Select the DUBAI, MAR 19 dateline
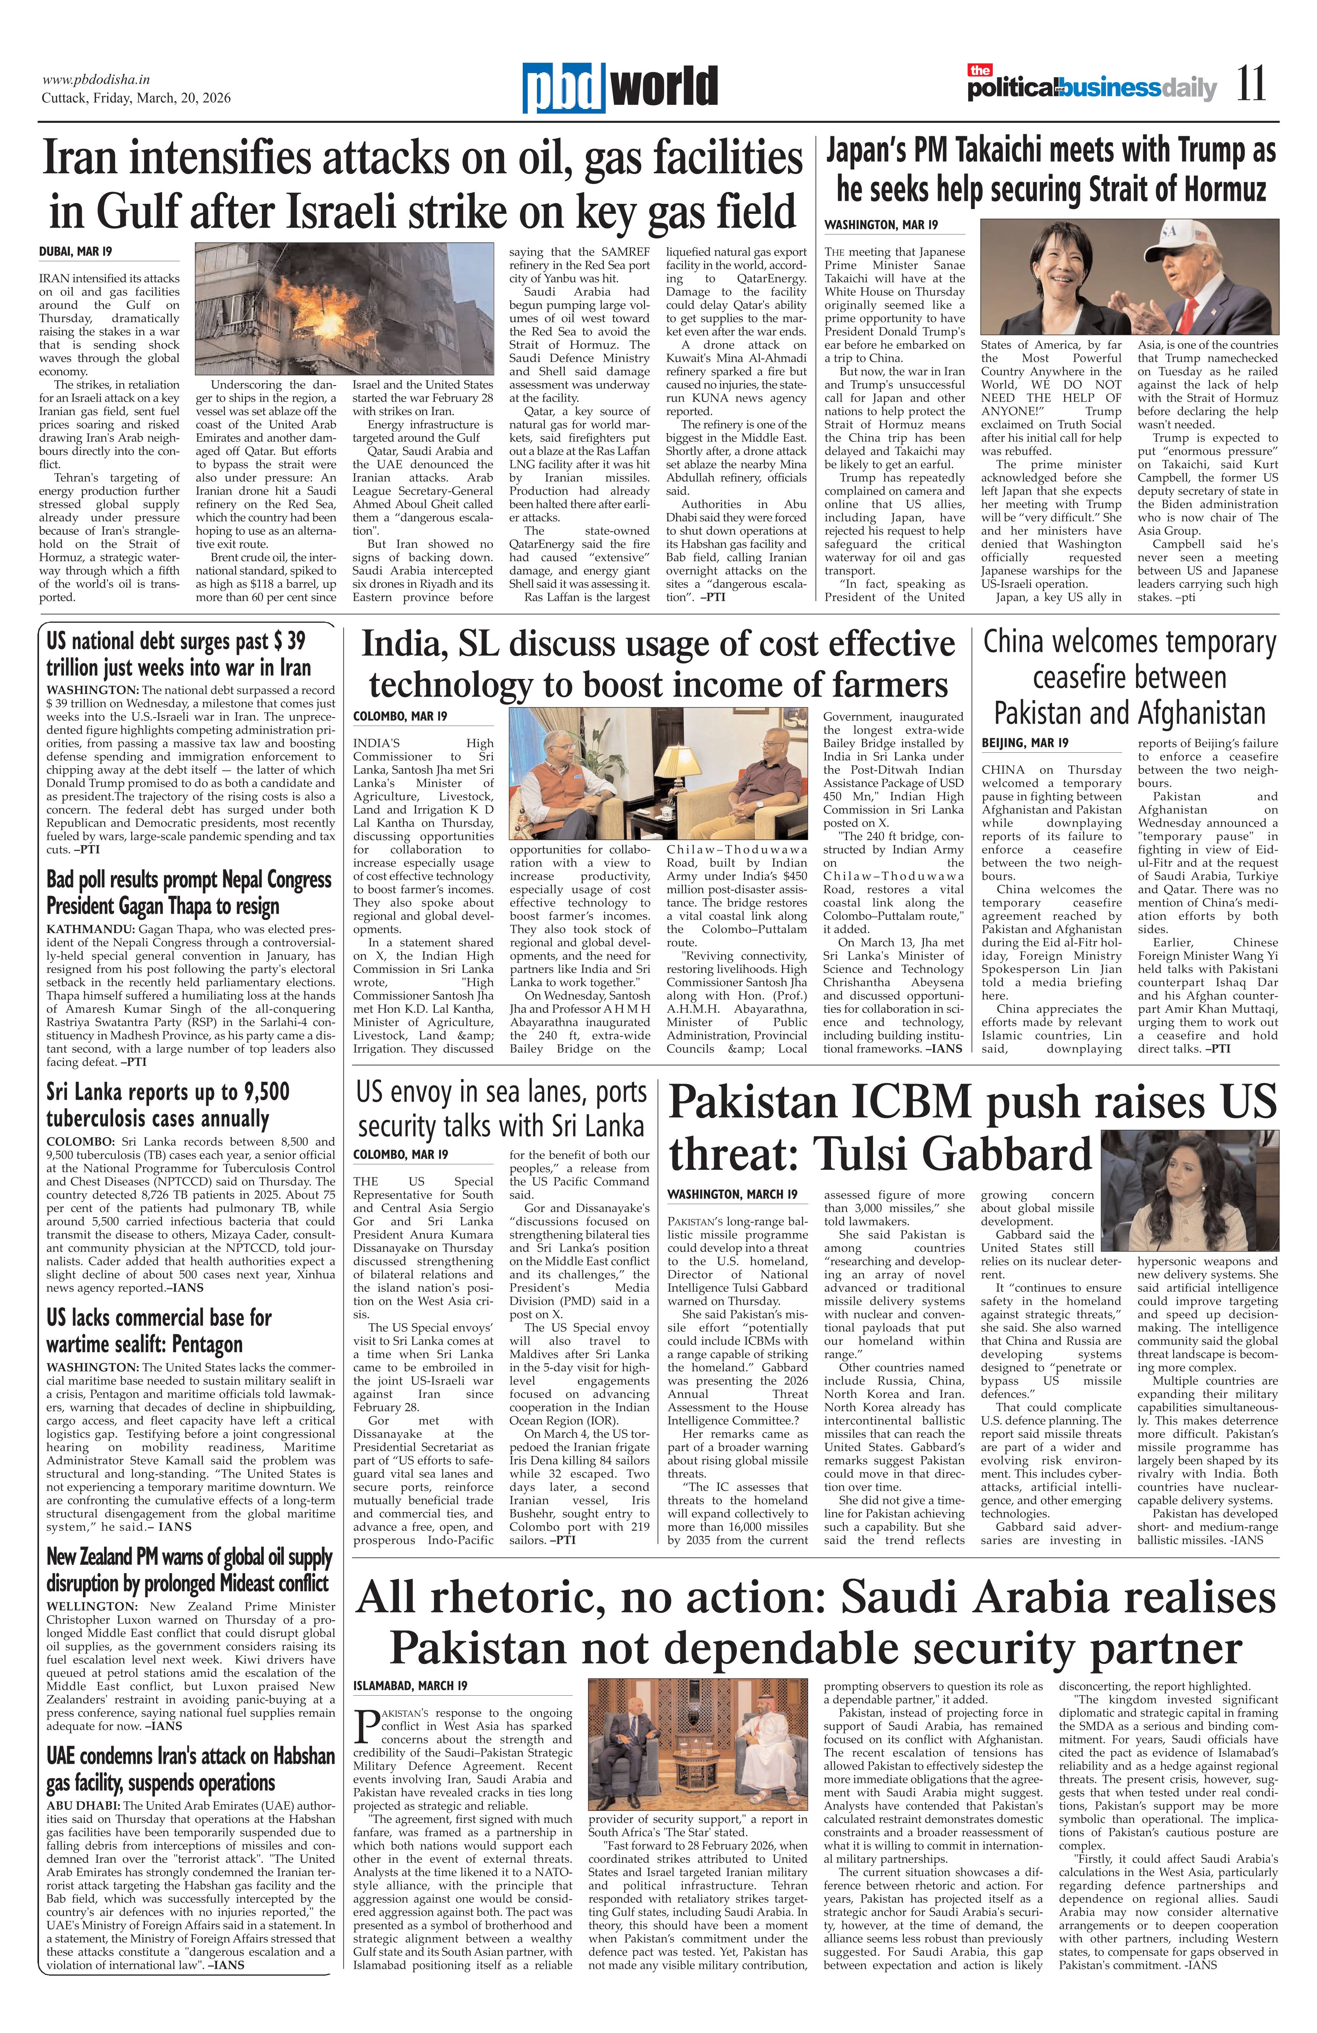pos(75,252)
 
